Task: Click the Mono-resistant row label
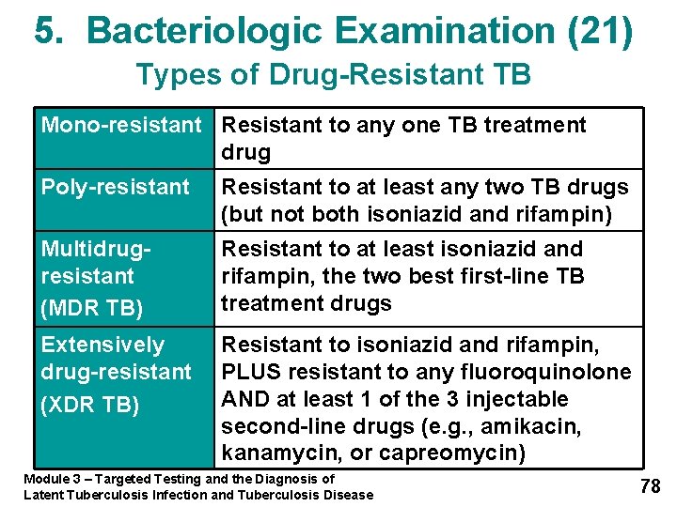[121, 125]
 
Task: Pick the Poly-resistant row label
[115, 187]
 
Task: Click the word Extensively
[102, 345]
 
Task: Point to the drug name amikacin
[543, 426]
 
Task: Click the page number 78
[650, 485]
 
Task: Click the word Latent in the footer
[44, 495]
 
